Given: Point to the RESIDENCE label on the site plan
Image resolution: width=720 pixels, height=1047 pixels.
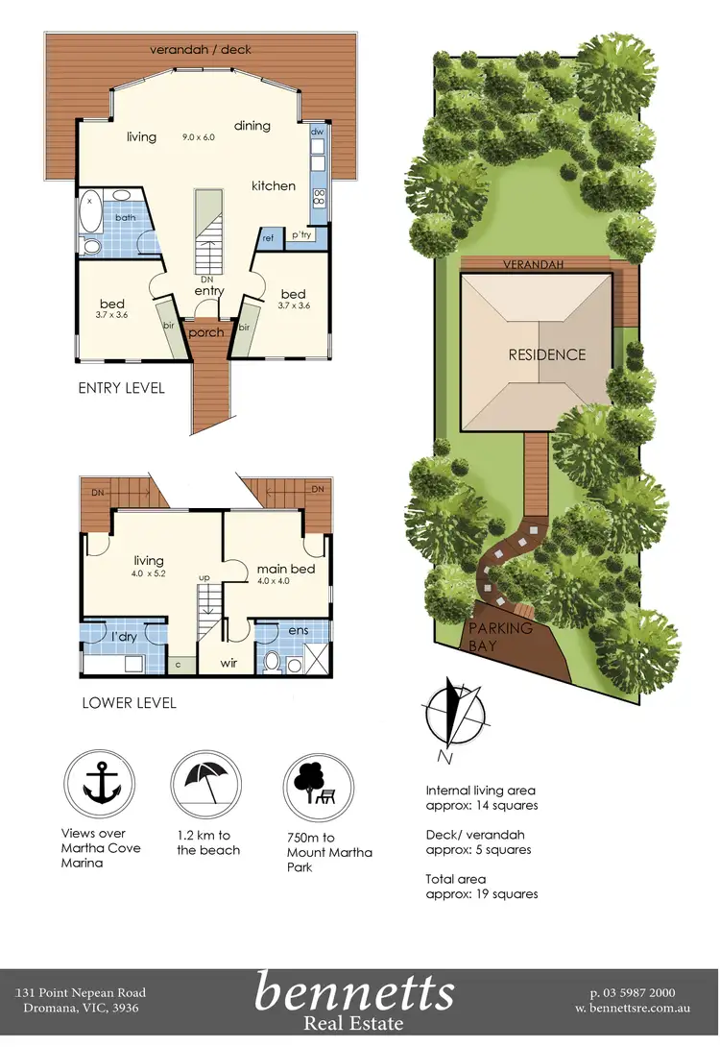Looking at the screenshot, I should tap(546, 354).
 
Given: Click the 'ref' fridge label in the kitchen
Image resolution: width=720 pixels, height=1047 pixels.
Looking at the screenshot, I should tap(269, 236).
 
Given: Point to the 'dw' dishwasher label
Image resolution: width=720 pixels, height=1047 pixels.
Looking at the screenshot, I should tap(317, 133).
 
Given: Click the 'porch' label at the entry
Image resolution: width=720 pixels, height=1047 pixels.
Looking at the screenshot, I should tap(205, 332).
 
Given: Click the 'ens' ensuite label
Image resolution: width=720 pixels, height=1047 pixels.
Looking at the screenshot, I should tap(297, 630).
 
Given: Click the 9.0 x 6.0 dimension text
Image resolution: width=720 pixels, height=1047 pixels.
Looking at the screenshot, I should tap(200, 137).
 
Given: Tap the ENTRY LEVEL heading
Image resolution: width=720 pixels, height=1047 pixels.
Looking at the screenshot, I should tap(122, 388).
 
